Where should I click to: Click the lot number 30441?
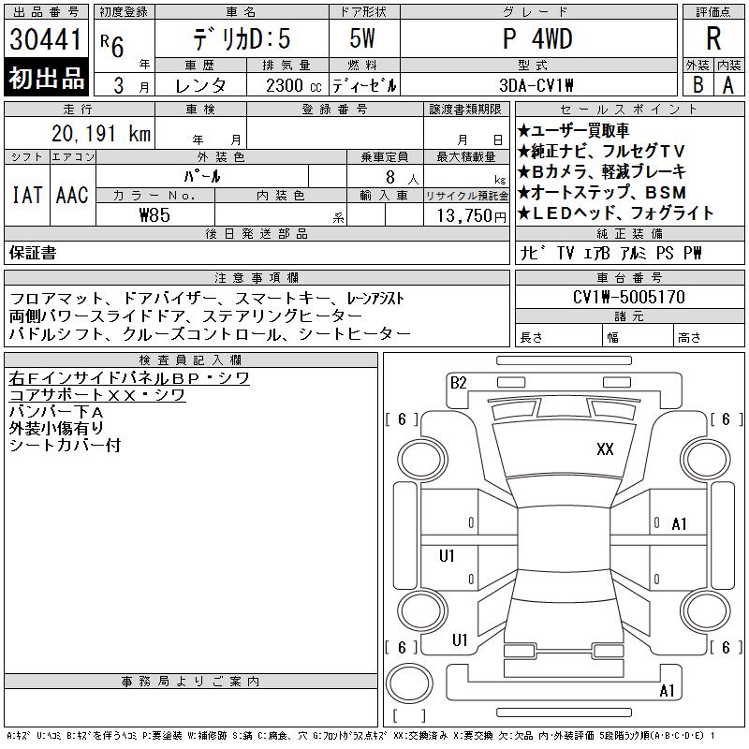pos(45,39)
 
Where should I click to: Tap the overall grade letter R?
pos(713,38)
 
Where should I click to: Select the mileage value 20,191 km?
pos(101,134)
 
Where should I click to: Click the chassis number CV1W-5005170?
pos(628,297)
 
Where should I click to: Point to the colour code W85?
pos(154,215)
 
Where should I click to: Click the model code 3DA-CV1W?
pos(536,85)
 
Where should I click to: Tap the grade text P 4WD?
pos(537,38)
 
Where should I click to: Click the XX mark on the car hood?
pos(605,449)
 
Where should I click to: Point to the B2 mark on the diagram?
pos(458,383)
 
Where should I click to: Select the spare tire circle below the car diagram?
pos(409,683)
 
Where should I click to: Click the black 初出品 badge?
pos(46,78)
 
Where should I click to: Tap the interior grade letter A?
pos(728,85)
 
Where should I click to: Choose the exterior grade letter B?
pos(698,85)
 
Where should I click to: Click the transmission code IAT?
pos(27,195)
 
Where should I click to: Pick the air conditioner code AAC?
pos(72,195)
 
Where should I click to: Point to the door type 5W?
pos(362,38)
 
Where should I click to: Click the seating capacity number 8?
pos(390,178)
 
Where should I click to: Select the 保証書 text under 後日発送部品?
pos(33,253)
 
